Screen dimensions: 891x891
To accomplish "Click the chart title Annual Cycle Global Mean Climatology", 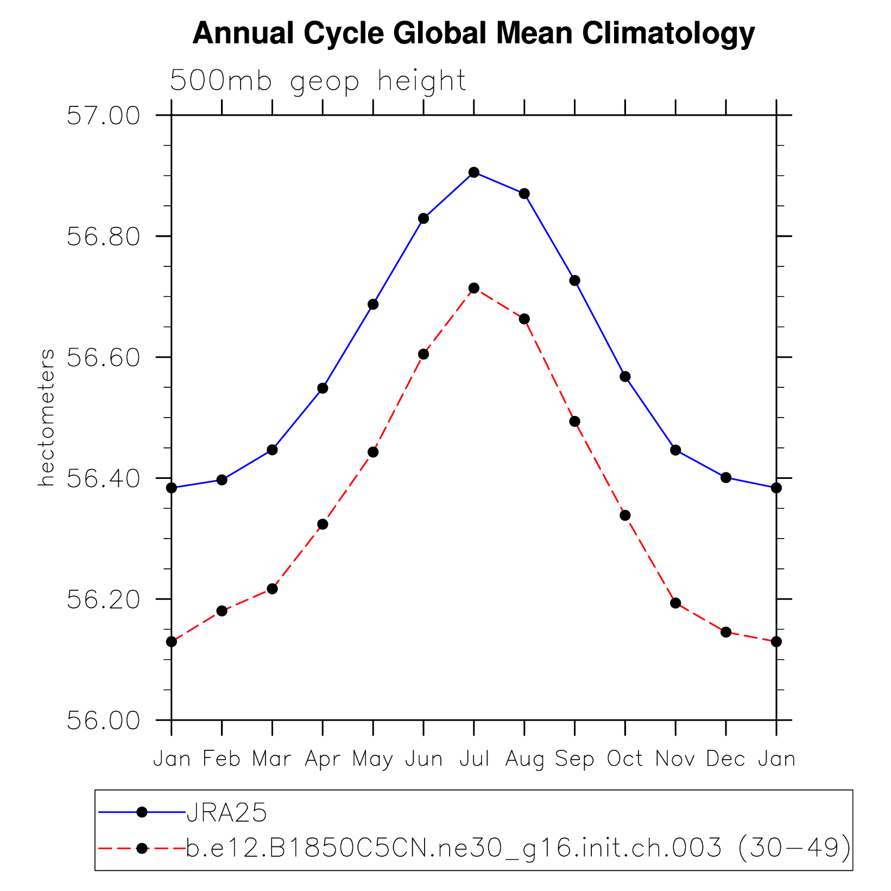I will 473,34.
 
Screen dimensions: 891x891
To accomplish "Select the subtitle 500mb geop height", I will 318,81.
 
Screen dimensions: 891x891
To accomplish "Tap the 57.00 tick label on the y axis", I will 103,116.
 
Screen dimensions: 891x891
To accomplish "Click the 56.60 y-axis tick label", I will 103,358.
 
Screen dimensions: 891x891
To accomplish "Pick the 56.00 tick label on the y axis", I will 103,721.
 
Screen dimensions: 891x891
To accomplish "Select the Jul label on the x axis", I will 474,759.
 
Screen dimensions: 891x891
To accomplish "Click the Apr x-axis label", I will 323,759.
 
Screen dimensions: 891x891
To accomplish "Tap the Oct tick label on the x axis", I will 625,759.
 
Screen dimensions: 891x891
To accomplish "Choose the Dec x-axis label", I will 726,759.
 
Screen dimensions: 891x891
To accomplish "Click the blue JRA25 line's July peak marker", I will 474,172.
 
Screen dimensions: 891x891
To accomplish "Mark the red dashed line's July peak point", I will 474,288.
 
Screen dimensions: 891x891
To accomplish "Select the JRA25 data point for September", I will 574,281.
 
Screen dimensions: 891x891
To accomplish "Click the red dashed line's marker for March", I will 273,589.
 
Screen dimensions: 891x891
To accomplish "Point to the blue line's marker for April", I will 323,388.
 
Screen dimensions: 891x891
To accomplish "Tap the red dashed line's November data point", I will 675,603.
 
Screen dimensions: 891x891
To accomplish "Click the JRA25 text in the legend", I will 226,813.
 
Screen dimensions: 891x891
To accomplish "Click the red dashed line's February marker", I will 222,611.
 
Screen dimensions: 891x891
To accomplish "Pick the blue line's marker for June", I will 424,219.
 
